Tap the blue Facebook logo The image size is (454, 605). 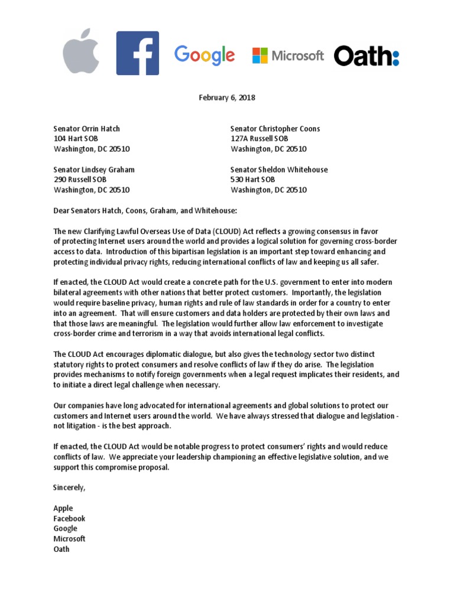pos(137,53)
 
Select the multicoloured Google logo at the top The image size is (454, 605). pos(205,56)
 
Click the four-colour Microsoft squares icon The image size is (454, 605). pos(260,56)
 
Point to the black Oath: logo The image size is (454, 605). pos(367,56)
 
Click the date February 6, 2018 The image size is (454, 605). pos(226,97)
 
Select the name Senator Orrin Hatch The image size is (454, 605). pos(87,129)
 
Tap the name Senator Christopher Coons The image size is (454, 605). pos(275,129)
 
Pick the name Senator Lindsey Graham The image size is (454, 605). pos(94,170)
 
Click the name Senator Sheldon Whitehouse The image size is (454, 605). pos(279,170)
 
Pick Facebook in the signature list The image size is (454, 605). pos(70,518)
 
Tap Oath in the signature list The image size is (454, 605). pos(61,549)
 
